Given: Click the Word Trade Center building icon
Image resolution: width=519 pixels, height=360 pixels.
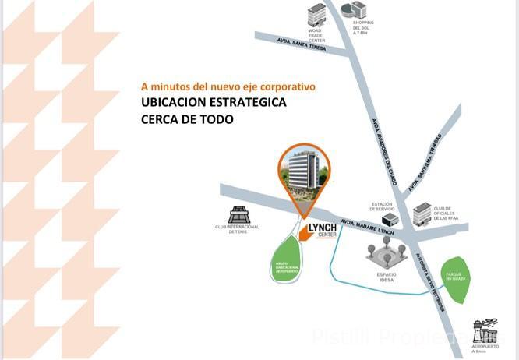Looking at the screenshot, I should click(x=316, y=14).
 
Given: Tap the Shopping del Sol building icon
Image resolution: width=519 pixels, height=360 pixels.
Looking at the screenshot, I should click(x=358, y=9).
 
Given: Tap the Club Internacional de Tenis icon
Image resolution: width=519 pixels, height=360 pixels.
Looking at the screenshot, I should click(x=238, y=215).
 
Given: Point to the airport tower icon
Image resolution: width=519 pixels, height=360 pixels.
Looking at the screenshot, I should click(x=485, y=331).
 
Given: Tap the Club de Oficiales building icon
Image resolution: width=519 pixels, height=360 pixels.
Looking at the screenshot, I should click(x=422, y=212).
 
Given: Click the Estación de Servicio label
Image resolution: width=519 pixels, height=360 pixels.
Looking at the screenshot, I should click(x=381, y=206).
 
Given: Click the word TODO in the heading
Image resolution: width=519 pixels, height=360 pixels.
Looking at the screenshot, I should click(x=216, y=121).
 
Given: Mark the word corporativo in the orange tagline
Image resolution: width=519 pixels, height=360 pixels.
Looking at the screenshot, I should click(x=286, y=86).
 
